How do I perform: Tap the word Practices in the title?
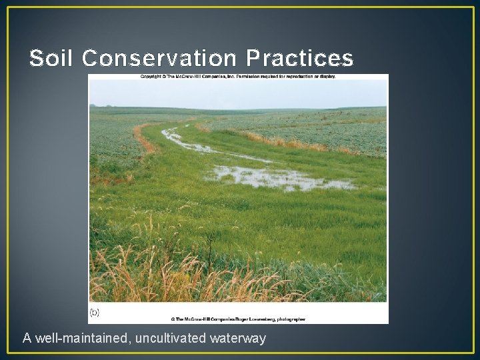point(299,59)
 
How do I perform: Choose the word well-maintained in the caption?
point(81,339)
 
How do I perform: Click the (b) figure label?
point(95,312)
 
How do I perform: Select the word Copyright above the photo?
point(151,77)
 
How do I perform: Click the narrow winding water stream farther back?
point(180,139)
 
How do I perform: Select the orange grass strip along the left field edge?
point(141,137)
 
